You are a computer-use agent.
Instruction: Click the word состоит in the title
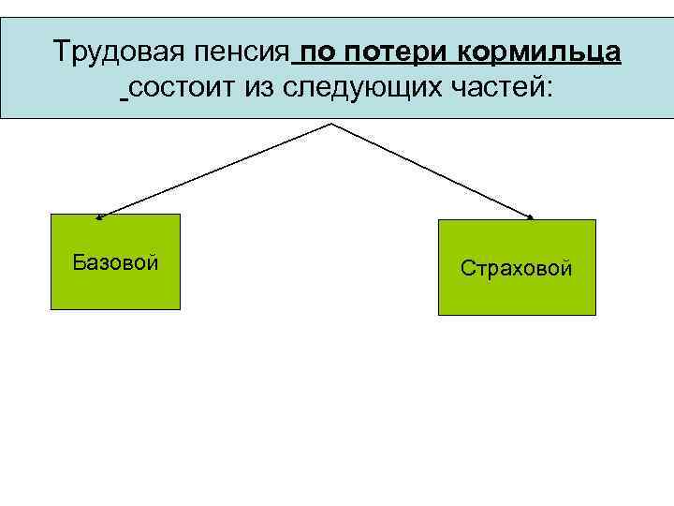point(183,89)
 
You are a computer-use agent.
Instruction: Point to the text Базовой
point(115,261)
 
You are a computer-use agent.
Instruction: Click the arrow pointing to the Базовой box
point(215,170)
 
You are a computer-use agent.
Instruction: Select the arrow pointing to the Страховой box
point(432,171)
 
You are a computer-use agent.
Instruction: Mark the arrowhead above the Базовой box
point(100,216)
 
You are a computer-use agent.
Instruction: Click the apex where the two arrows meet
point(332,124)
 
